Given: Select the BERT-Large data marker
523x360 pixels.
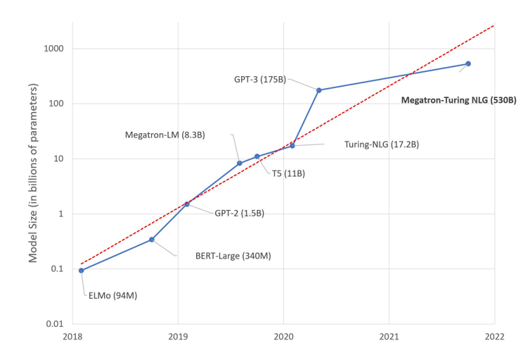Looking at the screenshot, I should coord(152,240).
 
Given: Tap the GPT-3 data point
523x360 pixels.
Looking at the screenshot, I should coord(319,90).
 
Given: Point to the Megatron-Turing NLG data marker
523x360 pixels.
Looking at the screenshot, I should coord(468,63).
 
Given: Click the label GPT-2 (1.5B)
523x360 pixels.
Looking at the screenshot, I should coord(239,213).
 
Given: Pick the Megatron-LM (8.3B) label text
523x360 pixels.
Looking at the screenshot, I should coord(164,134).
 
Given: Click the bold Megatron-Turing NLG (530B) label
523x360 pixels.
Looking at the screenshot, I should coord(458,100).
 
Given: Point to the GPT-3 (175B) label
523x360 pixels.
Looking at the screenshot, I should coord(260,80).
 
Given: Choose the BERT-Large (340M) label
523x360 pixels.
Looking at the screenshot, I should coord(233,256).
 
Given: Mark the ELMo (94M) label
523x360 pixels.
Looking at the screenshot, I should coord(112,295).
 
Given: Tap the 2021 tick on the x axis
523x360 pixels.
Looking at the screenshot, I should coord(389,337).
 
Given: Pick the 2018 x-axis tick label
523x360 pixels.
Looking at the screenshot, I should coord(72,337).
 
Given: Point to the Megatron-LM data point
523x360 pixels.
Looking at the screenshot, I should coord(240,163).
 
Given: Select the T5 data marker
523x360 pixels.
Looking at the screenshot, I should coord(257,156).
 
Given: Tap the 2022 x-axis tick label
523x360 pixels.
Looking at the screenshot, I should coord(494,337).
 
